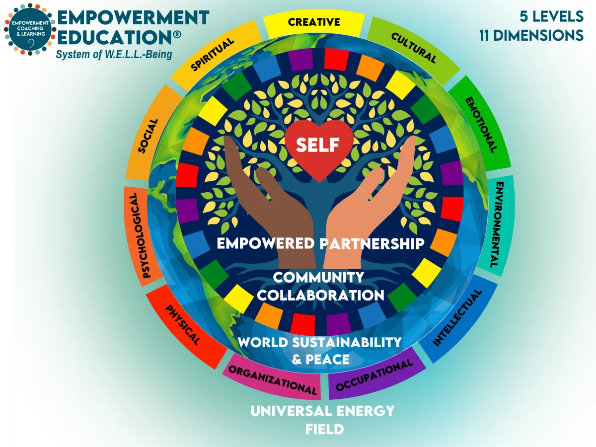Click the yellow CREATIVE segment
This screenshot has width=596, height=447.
pyautogui.click(x=314, y=22)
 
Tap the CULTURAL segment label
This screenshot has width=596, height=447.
pyautogui.click(x=413, y=48)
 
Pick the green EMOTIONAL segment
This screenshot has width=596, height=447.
pyautogui.click(x=479, y=124)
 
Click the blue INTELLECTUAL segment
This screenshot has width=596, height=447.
pyautogui.click(x=458, y=318)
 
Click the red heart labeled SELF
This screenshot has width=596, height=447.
pyautogui.click(x=318, y=147)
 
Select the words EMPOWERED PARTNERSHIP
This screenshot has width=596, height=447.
pyautogui.click(x=320, y=243)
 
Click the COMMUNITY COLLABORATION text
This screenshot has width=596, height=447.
pyautogui.click(x=320, y=286)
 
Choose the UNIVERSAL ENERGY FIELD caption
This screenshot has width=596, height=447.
pyautogui.click(x=323, y=420)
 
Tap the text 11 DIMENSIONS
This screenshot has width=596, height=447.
pyautogui.click(x=531, y=36)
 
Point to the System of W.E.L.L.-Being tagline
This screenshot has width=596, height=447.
pyautogui.click(x=114, y=54)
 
